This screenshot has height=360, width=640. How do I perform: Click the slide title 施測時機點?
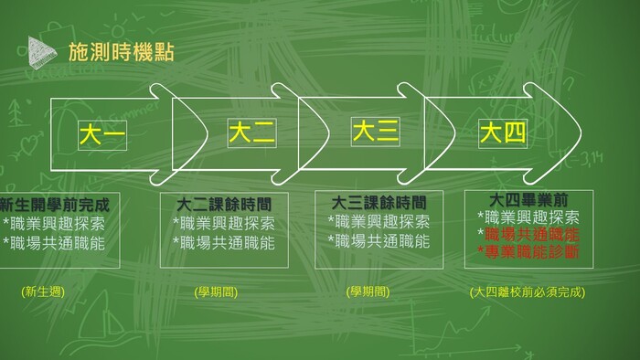121,52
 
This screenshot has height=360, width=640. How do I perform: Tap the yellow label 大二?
251,133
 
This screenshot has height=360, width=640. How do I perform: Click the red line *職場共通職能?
528,235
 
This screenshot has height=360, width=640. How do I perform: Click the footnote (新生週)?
42,292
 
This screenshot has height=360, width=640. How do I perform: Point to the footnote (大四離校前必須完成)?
527,292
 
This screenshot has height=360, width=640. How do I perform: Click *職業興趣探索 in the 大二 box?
223,223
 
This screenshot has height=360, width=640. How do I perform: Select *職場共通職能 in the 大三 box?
379,241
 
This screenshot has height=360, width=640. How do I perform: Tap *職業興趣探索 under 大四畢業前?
528,217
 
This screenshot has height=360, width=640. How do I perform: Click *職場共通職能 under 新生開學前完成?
54,242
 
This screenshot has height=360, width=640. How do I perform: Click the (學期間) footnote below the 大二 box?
216,292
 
